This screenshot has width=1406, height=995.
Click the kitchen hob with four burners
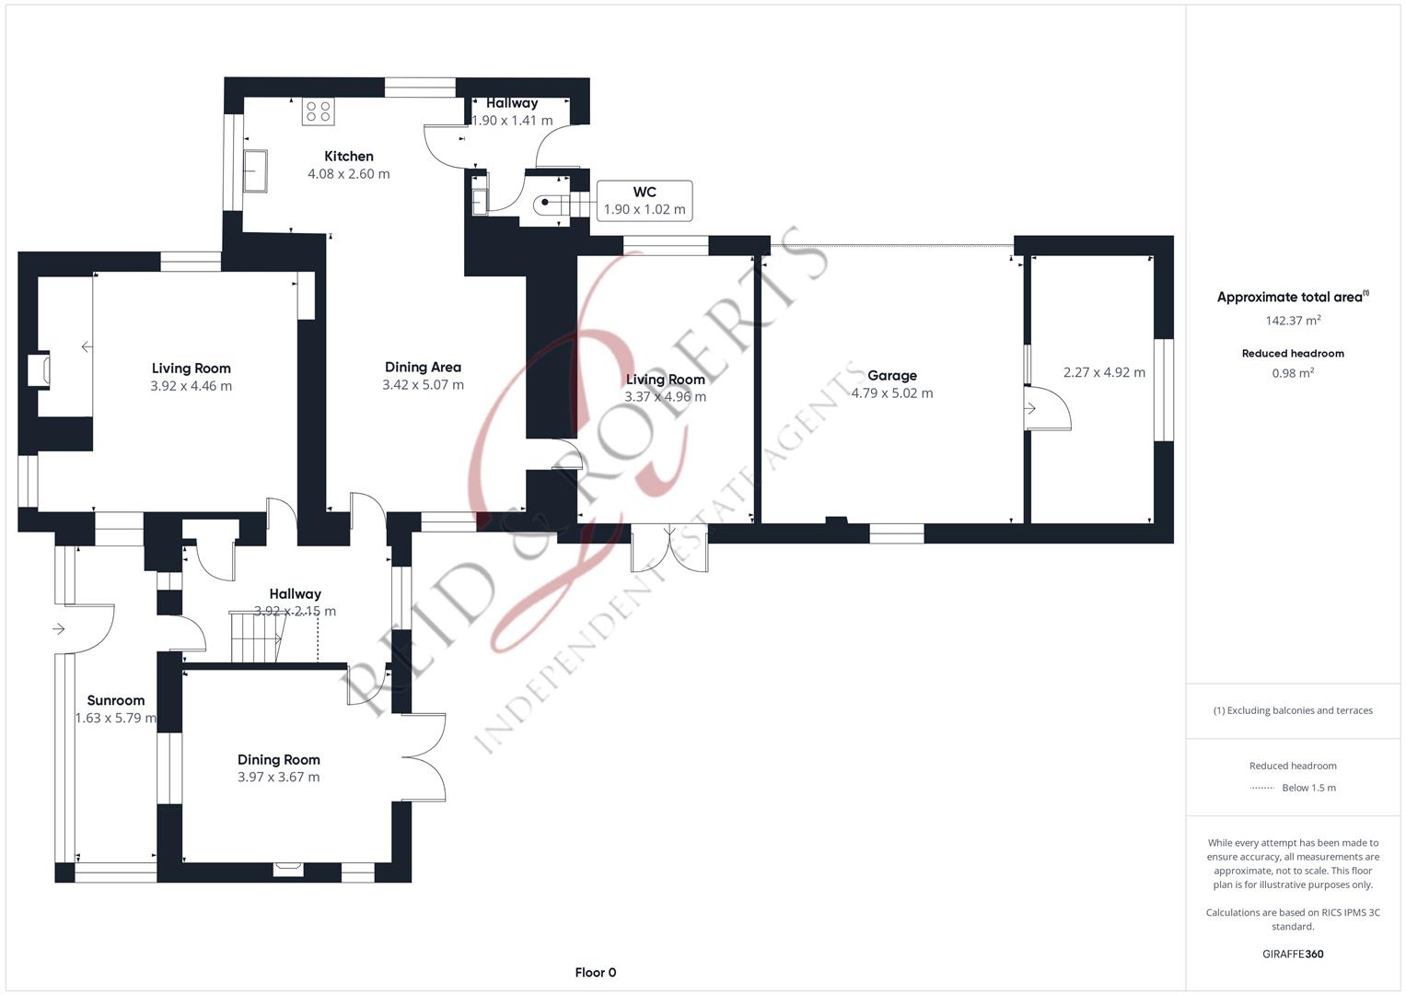coord(319,111)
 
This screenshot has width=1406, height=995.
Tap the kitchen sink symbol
coord(255,170)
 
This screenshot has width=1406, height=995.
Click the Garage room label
coord(892,376)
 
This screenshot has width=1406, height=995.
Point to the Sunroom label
coord(115,700)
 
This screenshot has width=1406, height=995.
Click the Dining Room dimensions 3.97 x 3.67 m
coord(279,777)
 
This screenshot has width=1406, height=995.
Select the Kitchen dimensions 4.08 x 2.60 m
coord(348,174)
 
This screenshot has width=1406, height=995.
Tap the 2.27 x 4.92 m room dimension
coord(1104,372)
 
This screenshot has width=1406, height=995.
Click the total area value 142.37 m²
coord(1293,321)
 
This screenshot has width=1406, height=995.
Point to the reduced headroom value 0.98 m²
coord(1293,373)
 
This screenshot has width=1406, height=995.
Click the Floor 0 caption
coord(596,972)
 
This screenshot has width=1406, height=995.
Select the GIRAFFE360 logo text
coord(1293,954)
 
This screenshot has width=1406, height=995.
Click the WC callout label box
coord(645,201)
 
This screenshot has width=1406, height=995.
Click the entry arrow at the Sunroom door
coord(58,628)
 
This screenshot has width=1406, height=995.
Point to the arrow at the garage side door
coord(1030,409)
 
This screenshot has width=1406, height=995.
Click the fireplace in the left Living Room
coord(40,371)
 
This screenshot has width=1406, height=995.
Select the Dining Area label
coord(423,368)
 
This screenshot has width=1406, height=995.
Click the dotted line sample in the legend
coord(1262,788)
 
